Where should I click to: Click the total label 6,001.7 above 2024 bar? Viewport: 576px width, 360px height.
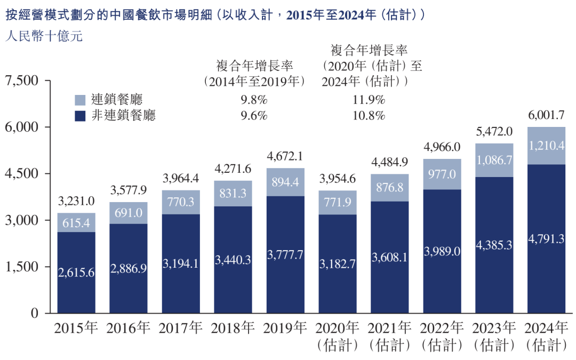546,115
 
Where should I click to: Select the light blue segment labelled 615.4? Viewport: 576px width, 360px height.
76,222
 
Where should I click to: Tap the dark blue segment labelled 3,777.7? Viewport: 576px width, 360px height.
285,254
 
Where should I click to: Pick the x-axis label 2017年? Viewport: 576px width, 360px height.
181,327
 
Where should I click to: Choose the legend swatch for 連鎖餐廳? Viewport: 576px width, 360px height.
80,100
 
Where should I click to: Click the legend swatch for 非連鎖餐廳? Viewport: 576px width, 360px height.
80,116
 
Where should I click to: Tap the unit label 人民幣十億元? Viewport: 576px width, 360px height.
44,37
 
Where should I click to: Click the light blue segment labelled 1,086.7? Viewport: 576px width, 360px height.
494,160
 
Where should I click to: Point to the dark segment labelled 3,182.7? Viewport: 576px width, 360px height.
338,263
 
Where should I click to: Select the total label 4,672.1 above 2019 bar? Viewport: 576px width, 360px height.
285,156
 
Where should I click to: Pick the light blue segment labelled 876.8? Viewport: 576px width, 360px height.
390,187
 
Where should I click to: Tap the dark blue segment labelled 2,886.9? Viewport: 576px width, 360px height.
129,268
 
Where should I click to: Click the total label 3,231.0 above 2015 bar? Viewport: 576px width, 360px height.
76,201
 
